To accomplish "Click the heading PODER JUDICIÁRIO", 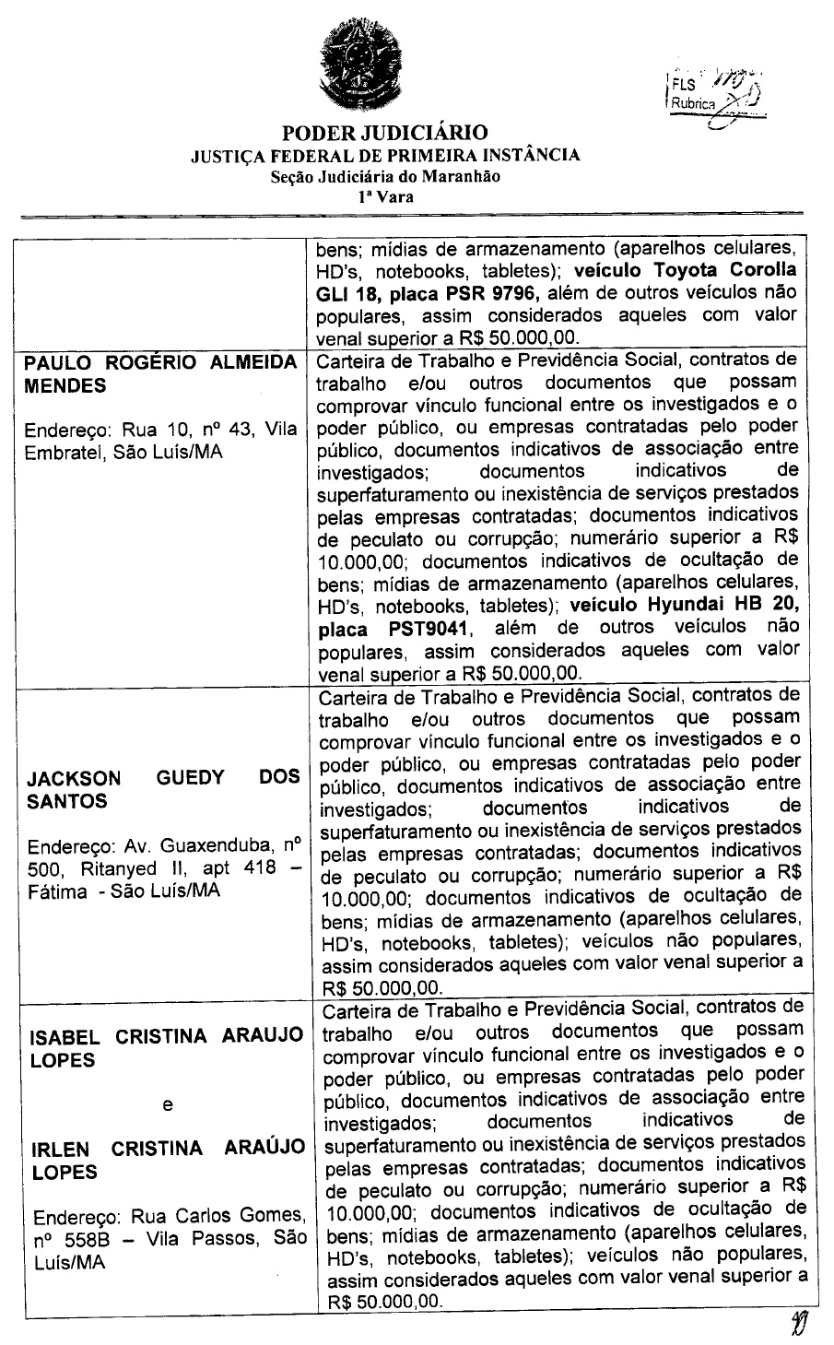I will pyautogui.click(x=384, y=133).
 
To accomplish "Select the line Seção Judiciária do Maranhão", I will pyautogui.click(x=385, y=176).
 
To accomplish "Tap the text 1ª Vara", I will pyautogui.click(x=386, y=196).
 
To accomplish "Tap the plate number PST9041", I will pyautogui.click(x=419, y=629).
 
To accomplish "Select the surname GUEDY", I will pyautogui.click(x=191, y=777).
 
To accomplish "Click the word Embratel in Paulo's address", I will pyautogui.click(x=65, y=454).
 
